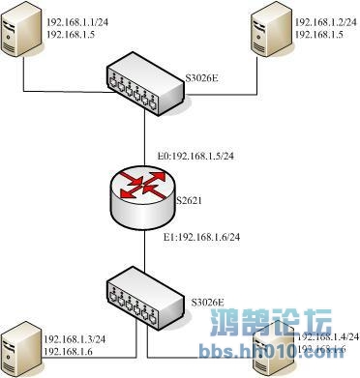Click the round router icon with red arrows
tap(144, 193)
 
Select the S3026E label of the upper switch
tap(203, 73)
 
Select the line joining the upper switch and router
tap(144, 135)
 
